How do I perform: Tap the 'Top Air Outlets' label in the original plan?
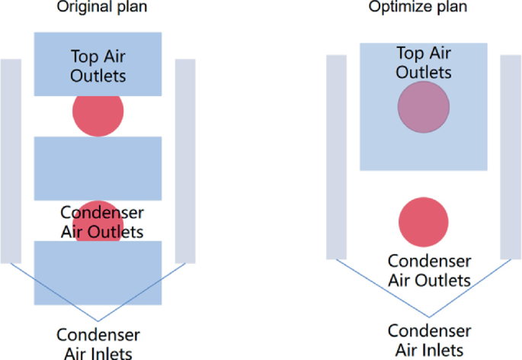tap(98, 66)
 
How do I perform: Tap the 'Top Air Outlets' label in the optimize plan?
tap(424, 63)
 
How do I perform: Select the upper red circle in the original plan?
tap(98, 112)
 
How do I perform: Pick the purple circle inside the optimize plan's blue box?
tap(423, 108)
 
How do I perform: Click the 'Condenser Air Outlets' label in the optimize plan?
tap(429, 270)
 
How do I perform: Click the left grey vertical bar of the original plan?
tap(11, 160)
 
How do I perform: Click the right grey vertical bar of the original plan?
tap(185, 160)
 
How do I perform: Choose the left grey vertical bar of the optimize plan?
tap(336, 156)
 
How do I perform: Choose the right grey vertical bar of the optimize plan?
tap(510, 156)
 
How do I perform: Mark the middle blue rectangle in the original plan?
tap(98, 168)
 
